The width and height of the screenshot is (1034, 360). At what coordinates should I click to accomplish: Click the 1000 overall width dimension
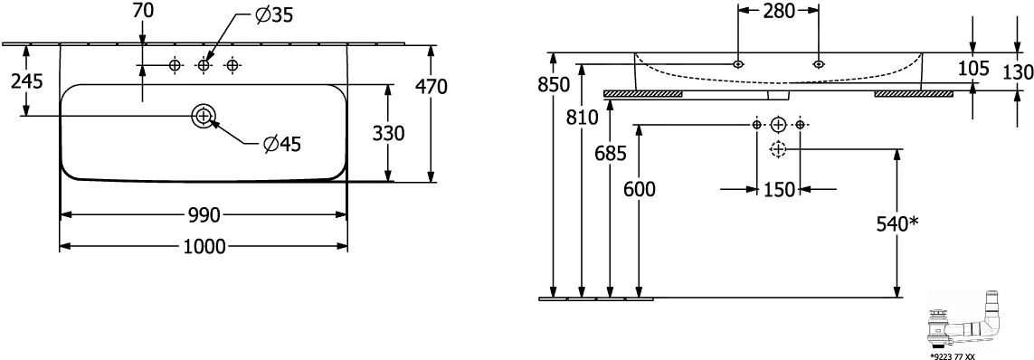[204, 247]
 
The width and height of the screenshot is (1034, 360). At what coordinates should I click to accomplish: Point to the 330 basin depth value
[389, 133]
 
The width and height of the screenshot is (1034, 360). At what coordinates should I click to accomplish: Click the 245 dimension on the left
[27, 81]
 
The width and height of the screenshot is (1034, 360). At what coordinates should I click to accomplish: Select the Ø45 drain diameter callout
[281, 143]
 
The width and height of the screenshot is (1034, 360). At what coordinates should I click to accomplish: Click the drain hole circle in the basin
[204, 116]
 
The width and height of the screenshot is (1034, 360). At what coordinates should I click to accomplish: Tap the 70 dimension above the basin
[141, 11]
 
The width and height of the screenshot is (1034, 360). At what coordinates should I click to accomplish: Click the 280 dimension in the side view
[778, 11]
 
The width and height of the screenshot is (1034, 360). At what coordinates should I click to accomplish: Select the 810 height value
[581, 118]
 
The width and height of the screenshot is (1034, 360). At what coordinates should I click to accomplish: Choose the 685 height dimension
[610, 154]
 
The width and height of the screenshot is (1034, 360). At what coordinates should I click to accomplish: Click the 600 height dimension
[639, 190]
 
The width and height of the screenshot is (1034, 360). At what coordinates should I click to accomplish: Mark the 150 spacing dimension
[778, 190]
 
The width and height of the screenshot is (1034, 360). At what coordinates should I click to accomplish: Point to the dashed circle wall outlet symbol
[778, 149]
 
